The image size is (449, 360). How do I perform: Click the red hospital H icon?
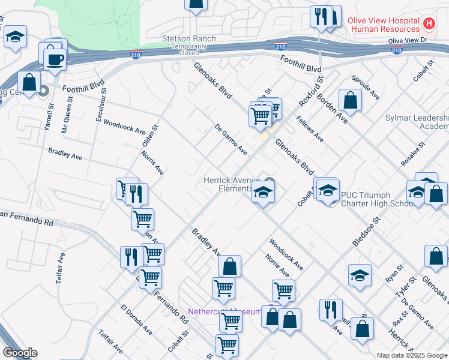point(429,24)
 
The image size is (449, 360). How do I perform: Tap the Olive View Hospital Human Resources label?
point(384,25)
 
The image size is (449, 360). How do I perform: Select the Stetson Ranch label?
point(188,39)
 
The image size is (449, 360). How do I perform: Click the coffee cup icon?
point(56,59)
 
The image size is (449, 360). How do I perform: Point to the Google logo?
point(20,353)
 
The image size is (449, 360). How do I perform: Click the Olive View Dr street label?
point(407,41)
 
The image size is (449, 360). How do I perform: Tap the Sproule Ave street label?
point(366,88)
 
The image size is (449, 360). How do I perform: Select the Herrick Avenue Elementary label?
point(231,184)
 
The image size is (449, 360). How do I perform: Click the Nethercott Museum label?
point(224,311)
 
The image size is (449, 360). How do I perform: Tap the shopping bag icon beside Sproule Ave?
point(350,100)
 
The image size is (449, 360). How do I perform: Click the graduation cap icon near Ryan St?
point(360,275)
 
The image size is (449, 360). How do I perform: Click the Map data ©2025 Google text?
point(412,355)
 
